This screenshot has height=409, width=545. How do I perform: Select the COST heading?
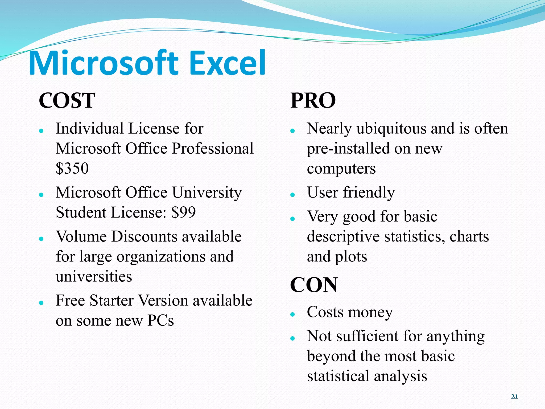(x=67, y=100)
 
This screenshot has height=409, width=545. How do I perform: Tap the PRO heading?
(x=313, y=100)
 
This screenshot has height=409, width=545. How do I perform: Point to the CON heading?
(x=314, y=285)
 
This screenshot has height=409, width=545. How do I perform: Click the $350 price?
(x=72, y=168)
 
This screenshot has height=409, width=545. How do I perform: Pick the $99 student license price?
(x=184, y=212)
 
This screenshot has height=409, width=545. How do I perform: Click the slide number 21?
(x=514, y=396)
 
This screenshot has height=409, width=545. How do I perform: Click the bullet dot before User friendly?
(x=293, y=195)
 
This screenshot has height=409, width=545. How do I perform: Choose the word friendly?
(x=369, y=192)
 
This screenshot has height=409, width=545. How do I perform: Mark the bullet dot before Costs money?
(x=293, y=314)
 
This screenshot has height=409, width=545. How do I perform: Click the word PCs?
(x=160, y=321)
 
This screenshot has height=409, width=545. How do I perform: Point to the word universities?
(x=94, y=276)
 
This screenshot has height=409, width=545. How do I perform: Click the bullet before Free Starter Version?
(x=41, y=303)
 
